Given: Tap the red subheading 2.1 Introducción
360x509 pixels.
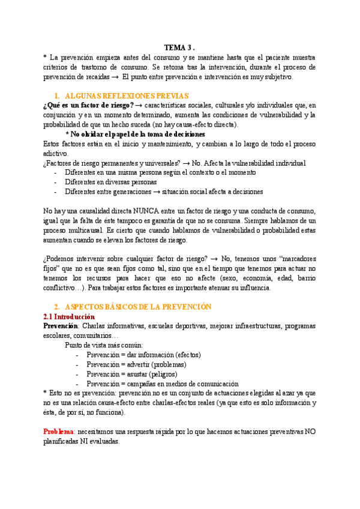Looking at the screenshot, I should click(x=69, y=316).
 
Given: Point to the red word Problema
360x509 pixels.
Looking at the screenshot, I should click(x=59, y=432).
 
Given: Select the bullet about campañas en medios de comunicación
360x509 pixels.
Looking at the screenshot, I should click(x=162, y=384).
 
